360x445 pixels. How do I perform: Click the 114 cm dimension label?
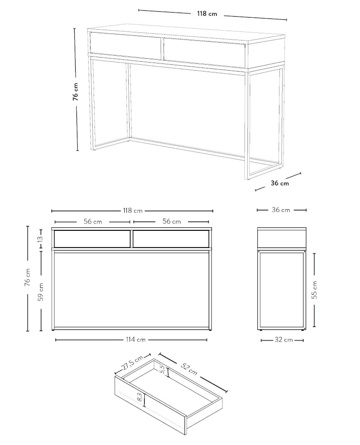136,339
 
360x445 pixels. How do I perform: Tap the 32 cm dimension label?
283,340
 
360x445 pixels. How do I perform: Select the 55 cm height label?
315,289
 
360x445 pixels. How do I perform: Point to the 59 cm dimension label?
41,292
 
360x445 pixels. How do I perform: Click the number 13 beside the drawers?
40,238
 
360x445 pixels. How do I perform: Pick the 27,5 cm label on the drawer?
133,364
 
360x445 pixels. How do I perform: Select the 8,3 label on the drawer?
140,397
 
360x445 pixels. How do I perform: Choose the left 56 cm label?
93,221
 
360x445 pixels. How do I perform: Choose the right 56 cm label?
172,221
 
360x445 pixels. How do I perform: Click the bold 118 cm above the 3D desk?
207,13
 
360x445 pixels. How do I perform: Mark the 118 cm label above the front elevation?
133,211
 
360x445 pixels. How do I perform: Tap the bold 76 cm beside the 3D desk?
75,92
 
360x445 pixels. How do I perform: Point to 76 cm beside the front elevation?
27,277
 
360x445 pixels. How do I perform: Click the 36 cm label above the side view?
281,210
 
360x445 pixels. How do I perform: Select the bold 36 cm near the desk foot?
279,183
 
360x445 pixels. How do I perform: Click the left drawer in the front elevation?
92,238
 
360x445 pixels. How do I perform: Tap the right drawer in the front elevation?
171,238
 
